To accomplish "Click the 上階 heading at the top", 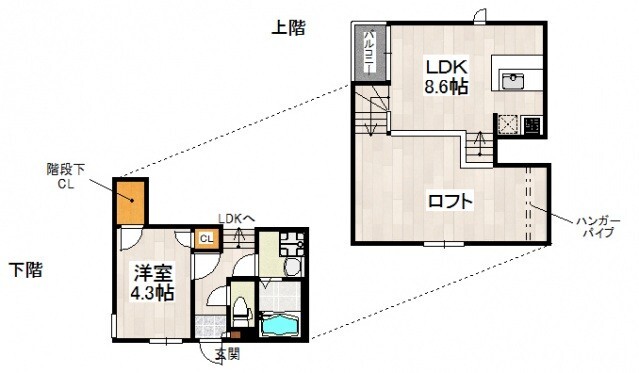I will click(289, 27).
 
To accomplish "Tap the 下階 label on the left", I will click(27, 269).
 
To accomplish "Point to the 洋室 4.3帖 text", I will click(152, 282).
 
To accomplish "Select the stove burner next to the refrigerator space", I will click(532, 126).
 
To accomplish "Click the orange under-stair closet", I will click(130, 201).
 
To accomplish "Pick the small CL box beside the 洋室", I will click(205, 238).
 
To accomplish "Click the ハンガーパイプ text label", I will click(597, 225).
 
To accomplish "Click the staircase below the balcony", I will click(371, 109).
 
